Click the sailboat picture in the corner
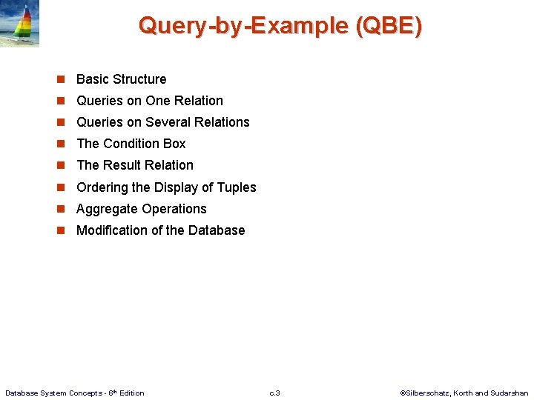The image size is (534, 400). pos(19,24)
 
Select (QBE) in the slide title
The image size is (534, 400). pos(389,26)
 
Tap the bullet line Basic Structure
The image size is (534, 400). pos(121,79)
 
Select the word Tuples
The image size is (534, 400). pos(236,187)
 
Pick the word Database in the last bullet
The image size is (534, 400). pos(217,230)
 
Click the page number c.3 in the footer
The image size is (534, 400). pos(274,393)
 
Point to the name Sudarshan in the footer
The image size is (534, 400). pos(510,393)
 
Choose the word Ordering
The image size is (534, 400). pos(102,187)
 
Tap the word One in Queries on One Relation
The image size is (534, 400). pos(157,101)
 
